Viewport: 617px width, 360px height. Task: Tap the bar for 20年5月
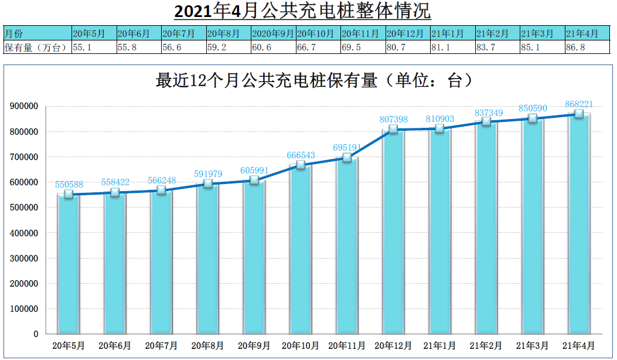pyautogui.click(x=68, y=264)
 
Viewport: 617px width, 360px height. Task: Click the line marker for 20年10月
pyautogui.click(x=301, y=165)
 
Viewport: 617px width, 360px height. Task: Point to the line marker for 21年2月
pyautogui.click(x=486, y=122)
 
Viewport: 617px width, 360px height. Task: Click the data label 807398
pyautogui.click(x=394, y=119)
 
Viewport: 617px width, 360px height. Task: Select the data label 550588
pyautogui.click(x=69, y=184)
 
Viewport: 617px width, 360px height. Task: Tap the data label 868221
pyautogui.click(x=579, y=104)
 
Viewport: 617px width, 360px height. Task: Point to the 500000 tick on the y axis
pyautogui.click(x=24, y=208)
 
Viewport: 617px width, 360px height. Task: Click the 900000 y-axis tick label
pyautogui.click(x=24, y=106)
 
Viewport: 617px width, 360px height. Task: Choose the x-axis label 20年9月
pyautogui.click(x=254, y=346)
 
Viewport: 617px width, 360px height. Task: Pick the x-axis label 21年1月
pyautogui.click(x=440, y=346)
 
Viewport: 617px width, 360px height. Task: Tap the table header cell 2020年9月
pyautogui.click(x=272, y=34)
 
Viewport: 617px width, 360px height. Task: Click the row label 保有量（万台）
pyautogui.click(x=36, y=47)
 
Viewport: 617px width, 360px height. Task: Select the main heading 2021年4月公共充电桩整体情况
pyautogui.click(x=302, y=11)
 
